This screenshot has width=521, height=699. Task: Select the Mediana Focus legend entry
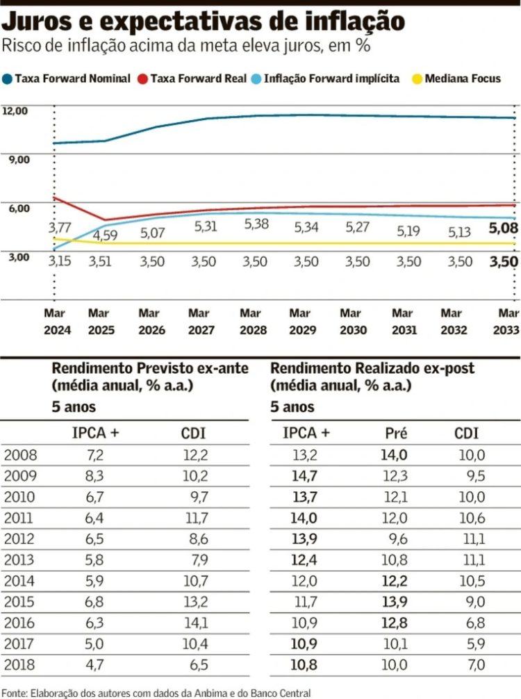click(x=463, y=79)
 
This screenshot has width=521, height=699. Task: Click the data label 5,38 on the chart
click(x=256, y=224)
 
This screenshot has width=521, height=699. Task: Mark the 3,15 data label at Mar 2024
click(x=60, y=262)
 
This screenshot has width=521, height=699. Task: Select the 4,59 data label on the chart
click(x=104, y=235)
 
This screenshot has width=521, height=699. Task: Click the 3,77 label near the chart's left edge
click(x=60, y=227)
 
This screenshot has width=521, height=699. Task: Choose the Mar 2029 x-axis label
click(x=299, y=322)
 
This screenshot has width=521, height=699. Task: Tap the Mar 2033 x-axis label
click(x=508, y=322)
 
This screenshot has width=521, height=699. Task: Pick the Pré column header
click(x=395, y=434)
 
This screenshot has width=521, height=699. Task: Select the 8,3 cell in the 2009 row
click(x=95, y=477)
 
